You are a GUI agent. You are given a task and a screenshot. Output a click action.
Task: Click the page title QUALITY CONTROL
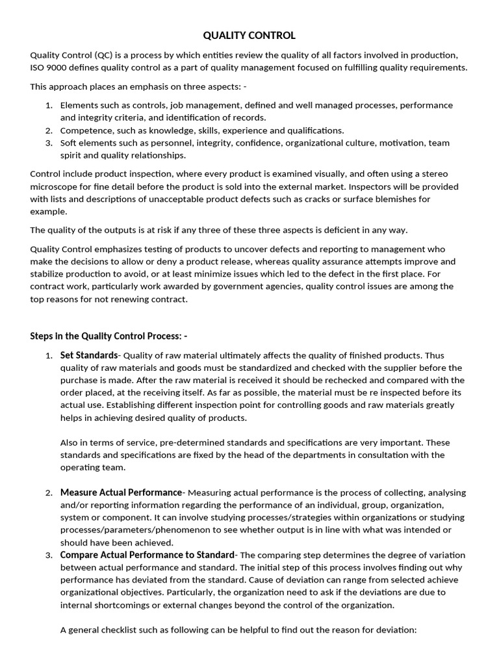coord(249,36)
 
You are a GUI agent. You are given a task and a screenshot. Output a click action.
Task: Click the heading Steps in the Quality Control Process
coord(109,336)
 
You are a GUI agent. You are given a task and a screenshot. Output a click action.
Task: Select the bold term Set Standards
coord(89,355)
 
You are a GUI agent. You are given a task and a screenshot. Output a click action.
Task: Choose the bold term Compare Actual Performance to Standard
coord(147,555)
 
